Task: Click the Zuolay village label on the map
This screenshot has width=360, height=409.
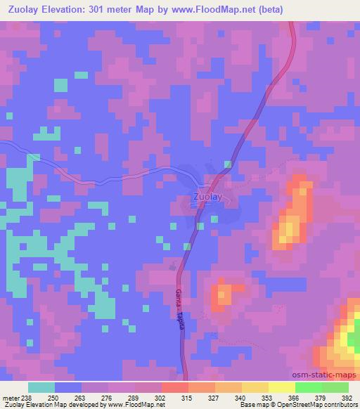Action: tap(207, 197)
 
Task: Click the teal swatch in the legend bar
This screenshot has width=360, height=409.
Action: tap(41, 387)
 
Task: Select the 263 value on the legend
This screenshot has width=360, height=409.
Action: tap(87, 398)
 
